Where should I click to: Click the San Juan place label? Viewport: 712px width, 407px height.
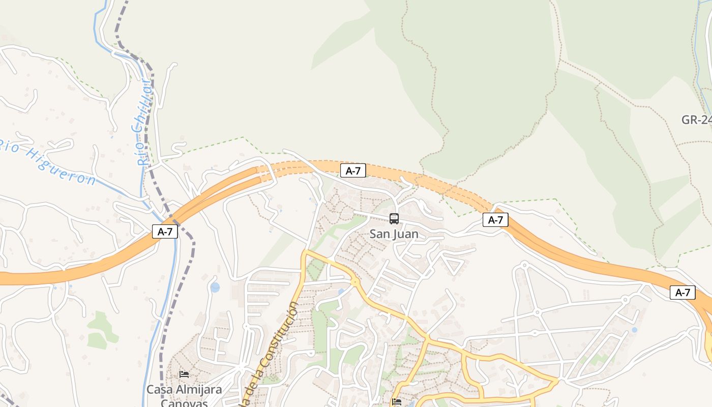click(x=394, y=234)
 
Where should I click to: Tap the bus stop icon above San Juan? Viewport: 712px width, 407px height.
click(x=394, y=219)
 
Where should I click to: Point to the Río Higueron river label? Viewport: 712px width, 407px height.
click(x=48, y=158)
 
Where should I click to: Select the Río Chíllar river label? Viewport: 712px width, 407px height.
click(x=145, y=122)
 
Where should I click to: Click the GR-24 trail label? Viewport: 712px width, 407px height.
click(x=696, y=120)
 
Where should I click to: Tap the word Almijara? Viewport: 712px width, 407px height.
click(x=196, y=390)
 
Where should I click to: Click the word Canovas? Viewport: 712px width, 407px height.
click(x=184, y=402)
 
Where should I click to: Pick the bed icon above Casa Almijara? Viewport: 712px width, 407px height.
click(x=184, y=374)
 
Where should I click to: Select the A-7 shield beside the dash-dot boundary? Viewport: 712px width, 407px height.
click(x=165, y=231)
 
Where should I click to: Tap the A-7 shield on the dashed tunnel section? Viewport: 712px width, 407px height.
click(x=353, y=170)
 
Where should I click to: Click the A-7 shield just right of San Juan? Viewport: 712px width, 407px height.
click(x=495, y=220)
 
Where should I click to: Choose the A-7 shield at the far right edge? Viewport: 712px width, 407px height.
click(x=683, y=293)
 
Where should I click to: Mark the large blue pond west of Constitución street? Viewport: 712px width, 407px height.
click(x=215, y=287)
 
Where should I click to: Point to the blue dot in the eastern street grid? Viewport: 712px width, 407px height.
click(x=634, y=330)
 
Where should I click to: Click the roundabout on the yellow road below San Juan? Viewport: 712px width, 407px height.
click(x=354, y=281)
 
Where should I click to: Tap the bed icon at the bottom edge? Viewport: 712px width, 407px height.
click(x=397, y=402)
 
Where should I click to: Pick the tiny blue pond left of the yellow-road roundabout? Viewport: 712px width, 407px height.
click(x=340, y=292)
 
